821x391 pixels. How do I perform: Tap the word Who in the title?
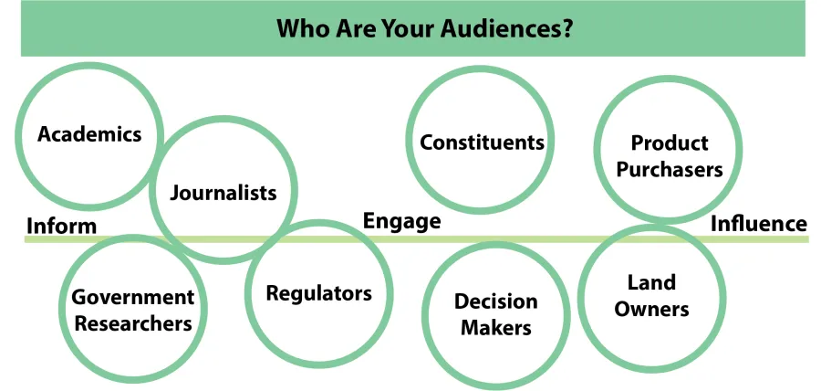click(x=297, y=29)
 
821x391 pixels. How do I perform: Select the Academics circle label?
click(x=89, y=134)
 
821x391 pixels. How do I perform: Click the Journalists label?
click(x=223, y=193)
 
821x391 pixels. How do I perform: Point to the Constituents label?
click(x=482, y=142)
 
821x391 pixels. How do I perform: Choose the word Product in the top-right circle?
click(x=670, y=143)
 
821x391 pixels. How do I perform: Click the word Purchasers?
click(x=670, y=169)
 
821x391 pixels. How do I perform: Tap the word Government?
click(x=133, y=297)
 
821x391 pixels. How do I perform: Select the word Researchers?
click(x=133, y=322)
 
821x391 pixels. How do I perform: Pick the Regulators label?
click(x=318, y=293)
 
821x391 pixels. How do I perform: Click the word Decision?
click(x=495, y=301)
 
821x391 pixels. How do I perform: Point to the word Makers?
click(x=495, y=327)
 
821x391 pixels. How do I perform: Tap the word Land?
click(x=651, y=283)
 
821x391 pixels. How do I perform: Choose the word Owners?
click(x=651, y=309)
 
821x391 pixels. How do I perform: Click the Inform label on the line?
click(x=62, y=226)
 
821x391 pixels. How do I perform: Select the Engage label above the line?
click(x=401, y=221)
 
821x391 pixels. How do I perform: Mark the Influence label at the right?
click(x=759, y=224)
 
